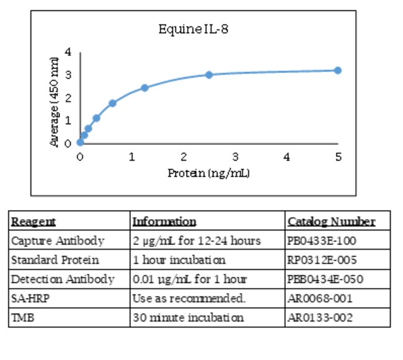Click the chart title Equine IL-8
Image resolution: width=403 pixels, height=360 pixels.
coord(193,29)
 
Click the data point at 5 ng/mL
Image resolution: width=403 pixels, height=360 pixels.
coord(338,71)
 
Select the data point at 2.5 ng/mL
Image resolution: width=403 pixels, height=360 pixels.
coord(209,75)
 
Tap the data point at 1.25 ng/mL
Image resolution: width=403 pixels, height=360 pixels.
coord(144,88)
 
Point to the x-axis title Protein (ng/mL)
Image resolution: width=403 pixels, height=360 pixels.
coord(208,173)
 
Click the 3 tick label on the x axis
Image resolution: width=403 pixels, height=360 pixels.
coord(235,157)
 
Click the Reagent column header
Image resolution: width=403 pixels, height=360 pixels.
coord(33,222)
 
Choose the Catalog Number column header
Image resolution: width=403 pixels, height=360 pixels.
coord(331,222)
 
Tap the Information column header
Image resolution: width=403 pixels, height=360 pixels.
coord(164,222)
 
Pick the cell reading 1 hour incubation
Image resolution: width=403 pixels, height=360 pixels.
coord(179,260)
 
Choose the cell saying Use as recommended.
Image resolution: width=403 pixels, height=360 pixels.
coord(189,298)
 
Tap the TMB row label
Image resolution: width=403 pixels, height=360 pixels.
coord(22,318)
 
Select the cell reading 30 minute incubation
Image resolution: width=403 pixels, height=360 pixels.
coord(188,318)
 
